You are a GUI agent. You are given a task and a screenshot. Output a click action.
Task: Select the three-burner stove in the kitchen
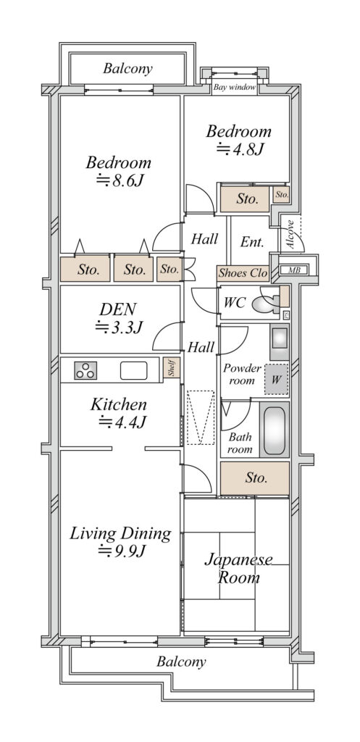[85, 370]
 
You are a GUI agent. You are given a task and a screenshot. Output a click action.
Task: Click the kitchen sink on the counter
[133, 370]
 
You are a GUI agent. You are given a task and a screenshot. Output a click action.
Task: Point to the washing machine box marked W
[276, 379]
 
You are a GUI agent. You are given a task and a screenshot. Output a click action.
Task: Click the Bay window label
[235, 88]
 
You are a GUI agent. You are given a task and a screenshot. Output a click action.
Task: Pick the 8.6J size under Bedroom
[120, 180]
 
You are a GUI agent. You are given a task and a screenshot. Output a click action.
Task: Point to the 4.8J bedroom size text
[239, 149]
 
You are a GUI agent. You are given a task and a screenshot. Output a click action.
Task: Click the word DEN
[118, 309]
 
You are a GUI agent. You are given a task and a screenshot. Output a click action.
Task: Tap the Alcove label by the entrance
[290, 235]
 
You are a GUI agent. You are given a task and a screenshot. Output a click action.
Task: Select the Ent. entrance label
[252, 242]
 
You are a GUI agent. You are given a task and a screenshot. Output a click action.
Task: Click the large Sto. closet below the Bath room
[255, 478]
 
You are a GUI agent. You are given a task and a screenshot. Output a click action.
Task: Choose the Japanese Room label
[238, 569]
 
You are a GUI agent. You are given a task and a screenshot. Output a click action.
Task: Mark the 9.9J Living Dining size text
[121, 551]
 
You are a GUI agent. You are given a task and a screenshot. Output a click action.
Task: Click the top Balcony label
[127, 69]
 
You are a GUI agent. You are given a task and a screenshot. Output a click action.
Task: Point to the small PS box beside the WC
[285, 314]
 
